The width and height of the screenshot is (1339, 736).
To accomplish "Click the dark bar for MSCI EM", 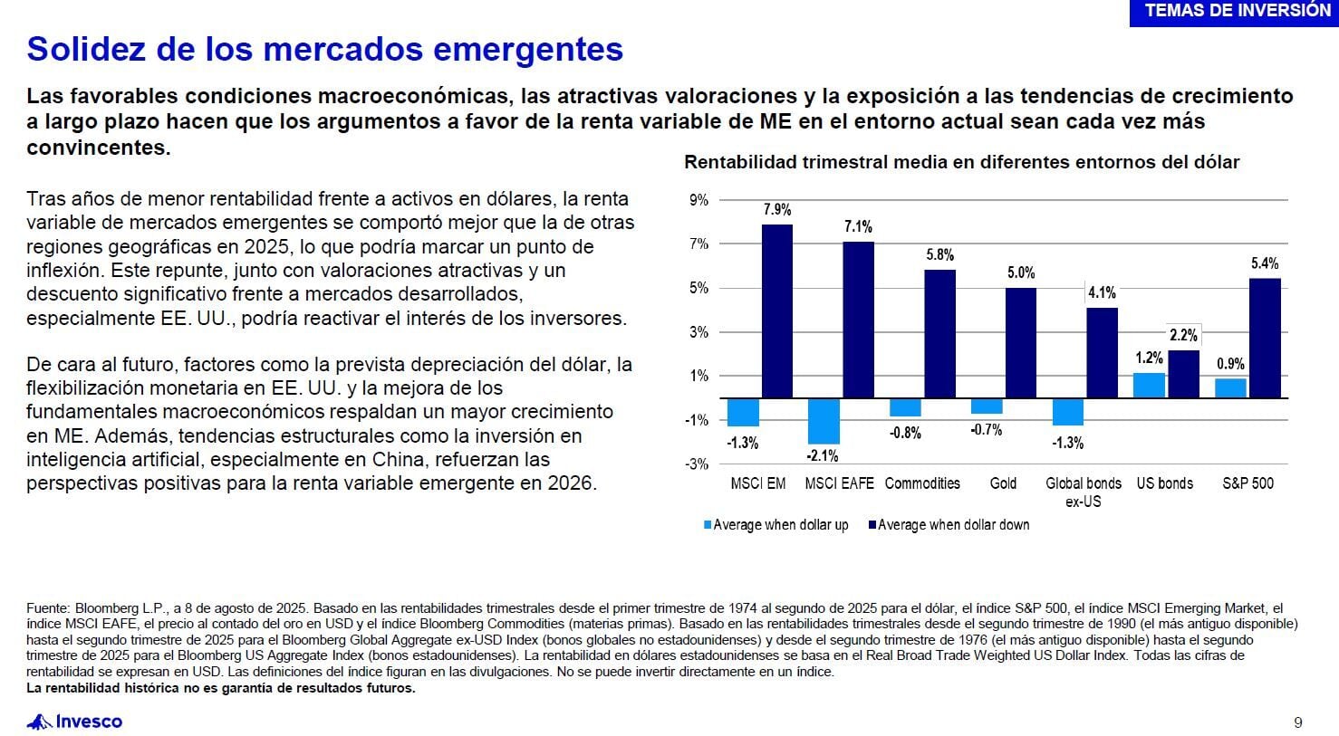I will point(776,311).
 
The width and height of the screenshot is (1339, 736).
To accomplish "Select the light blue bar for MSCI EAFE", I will point(824,420).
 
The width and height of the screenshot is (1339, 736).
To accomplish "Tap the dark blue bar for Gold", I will point(1021,342).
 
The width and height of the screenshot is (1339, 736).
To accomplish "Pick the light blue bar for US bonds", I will point(1150,386).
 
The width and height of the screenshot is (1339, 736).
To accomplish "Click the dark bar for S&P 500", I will point(1265,338).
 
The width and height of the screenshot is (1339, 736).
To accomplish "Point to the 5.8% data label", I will point(939,255).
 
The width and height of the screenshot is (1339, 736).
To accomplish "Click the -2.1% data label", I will point(824,455).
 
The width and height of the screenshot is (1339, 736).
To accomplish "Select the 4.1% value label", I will point(1102,292).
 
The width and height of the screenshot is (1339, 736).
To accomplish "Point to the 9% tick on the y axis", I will point(699,200).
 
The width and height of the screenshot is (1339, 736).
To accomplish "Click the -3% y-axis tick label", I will point(697,464).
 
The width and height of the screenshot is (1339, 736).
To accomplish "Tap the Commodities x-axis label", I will point(922,483).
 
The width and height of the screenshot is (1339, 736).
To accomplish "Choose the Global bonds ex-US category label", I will point(1084,492).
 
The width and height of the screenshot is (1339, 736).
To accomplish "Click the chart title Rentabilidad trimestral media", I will point(961,163).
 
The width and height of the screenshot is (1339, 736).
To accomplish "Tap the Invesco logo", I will point(75,722).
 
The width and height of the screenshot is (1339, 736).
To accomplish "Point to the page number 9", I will point(1298,722).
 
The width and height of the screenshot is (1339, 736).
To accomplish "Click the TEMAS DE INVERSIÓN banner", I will point(1238,11).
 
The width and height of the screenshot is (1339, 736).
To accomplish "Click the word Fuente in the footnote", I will point(48,608).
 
